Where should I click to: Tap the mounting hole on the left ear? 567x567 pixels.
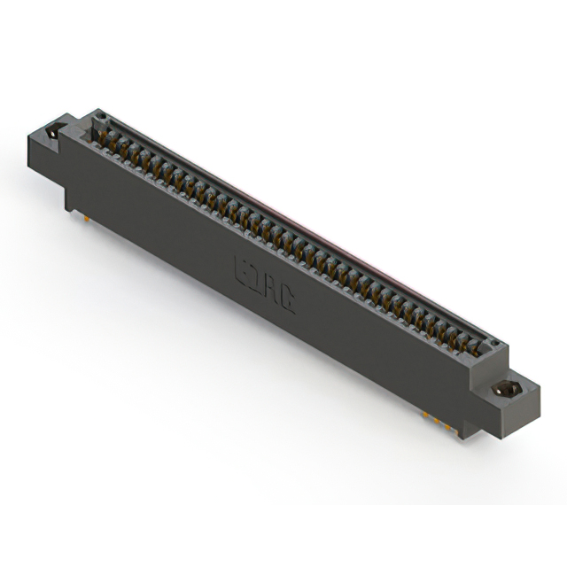52,132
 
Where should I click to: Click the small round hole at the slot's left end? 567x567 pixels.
100,115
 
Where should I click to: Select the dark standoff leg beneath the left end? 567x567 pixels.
69,197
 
